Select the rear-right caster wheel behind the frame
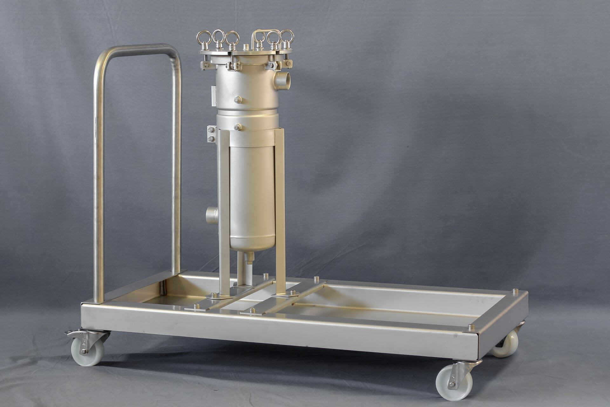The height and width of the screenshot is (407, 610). pos(506,343)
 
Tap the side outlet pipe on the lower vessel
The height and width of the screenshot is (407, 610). pos(212,215)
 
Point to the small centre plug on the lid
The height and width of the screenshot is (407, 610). pos(246,47)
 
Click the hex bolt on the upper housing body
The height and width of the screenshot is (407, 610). pos(237,100)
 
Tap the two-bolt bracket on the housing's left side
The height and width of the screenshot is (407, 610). pos(211,134)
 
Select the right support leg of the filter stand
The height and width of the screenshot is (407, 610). pos(280,210)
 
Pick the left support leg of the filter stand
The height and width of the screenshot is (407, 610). pos(224,213)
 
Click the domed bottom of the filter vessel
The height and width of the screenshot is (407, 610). pos(252,243)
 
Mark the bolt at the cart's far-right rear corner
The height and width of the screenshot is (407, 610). pos(515,291)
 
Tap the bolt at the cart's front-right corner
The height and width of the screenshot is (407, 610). pos(471,327)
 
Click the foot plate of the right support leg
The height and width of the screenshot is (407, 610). pos(286,294)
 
